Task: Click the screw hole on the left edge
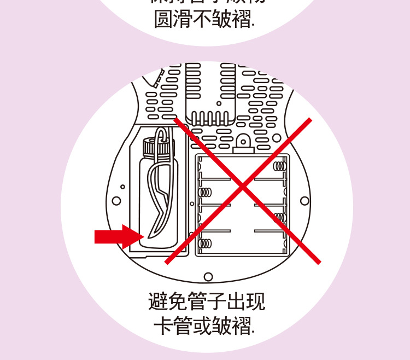point(116,201)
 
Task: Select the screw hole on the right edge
point(304,201)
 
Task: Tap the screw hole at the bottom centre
point(208,277)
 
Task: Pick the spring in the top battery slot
point(280,165)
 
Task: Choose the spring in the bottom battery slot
point(206,243)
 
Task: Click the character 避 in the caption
point(159,303)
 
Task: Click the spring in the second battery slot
point(206,193)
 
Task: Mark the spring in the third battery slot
point(280,217)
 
